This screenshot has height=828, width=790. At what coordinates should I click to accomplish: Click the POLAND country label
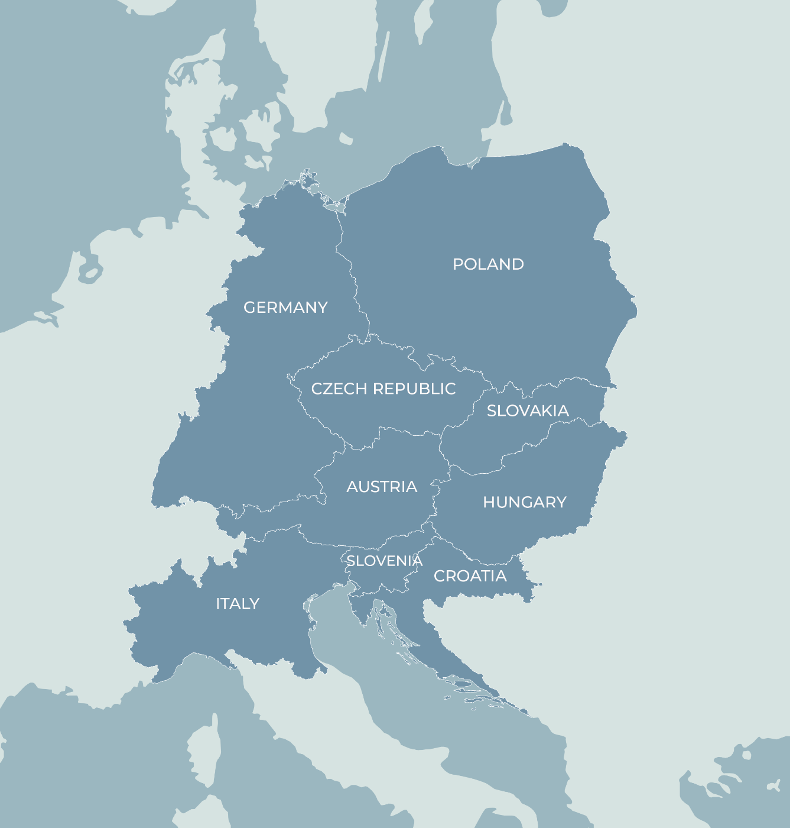(x=488, y=264)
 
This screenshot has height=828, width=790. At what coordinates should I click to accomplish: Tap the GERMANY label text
(x=285, y=308)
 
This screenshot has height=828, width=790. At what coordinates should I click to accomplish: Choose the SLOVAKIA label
(x=528, y=411)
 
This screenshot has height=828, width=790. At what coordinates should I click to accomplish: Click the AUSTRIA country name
(x=382, y=487)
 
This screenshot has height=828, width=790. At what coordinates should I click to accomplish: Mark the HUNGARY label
(x=525, y=503)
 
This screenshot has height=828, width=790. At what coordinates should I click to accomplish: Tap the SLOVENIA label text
(x=384, y=561)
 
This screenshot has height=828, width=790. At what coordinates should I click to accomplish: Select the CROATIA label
(x=470, y=576)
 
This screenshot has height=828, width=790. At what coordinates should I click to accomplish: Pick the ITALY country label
(x=238, y=604)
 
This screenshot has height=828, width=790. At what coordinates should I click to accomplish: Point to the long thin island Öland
(x=383, y=56)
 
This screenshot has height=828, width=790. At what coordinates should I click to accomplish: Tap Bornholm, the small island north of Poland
(x=346, y=139)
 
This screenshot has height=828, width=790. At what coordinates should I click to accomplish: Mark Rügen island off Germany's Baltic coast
(x=308, y=177)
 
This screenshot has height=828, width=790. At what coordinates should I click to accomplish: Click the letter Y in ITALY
(x=255, y=604)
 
